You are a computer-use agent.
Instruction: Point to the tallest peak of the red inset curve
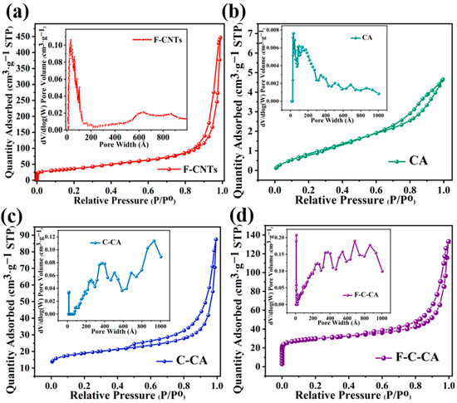pyautogui.click(x=71, y=41)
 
